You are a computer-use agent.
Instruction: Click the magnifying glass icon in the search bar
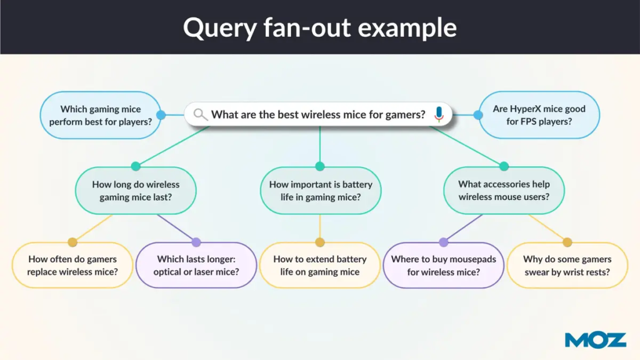pos(201,114)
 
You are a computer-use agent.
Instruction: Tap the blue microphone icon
pos(439,114)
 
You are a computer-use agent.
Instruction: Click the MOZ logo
pos(595,340)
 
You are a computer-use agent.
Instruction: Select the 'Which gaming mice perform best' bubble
pos(101,115)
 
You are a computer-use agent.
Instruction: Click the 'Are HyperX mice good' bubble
pos(539,115)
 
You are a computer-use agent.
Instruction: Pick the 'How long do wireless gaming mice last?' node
pos(136,191)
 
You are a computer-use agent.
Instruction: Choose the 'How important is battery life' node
pos(320,191)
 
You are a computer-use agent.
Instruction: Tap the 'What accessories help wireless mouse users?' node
pos(504,191)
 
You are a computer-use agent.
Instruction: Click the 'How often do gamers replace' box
pos(72,265)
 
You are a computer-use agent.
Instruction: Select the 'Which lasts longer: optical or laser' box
pos(196,265)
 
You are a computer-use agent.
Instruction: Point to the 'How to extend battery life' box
pos(320,265)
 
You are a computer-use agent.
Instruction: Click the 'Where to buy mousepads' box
pos(444,265)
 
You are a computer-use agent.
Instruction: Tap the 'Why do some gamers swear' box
pos(567,265)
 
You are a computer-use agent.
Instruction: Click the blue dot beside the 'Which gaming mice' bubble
pos(161,115)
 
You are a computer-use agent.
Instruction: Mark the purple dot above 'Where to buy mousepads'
pos(444,242)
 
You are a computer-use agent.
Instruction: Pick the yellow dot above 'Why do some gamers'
pos(567,242)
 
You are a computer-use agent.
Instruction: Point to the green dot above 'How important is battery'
pos(320,166)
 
